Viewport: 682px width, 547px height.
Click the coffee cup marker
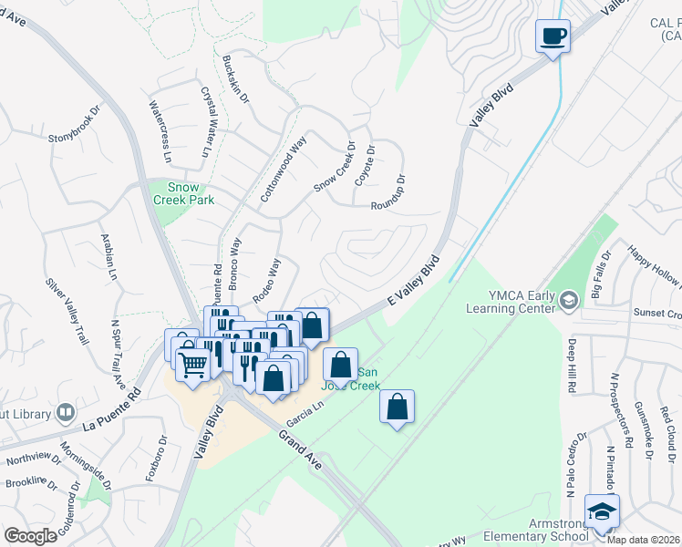[x=553, y=36]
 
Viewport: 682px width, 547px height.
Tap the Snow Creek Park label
[x=188, y=193]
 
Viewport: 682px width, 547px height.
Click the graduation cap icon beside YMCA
[x=569, y=300]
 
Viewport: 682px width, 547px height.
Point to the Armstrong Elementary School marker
[x=602, y=512]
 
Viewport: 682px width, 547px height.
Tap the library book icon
[x=65, y=413]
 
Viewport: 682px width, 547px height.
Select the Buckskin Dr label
[x=235, y=80]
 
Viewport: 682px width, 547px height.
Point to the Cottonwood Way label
[x=284, y=170]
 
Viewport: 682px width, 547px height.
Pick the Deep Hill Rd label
[x=572, y=366]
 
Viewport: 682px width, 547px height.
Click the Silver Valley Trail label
[x=66, y=307]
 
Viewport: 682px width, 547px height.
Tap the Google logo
[x=30, y=535]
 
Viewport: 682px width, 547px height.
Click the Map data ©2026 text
[x=643, y=540]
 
